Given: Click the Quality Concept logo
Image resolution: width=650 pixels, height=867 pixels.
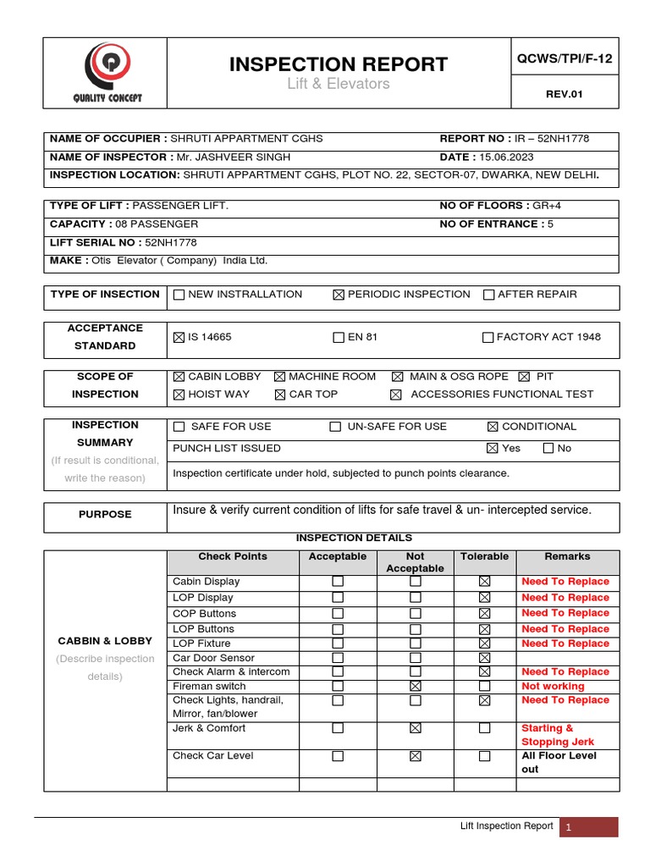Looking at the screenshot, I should pos(106,73).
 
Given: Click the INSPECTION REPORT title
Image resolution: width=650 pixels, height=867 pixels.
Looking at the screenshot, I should pos(339,64).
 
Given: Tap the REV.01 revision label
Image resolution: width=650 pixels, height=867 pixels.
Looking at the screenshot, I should pos(565,94).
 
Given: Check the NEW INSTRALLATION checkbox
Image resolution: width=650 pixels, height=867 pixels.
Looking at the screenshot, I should pos(179,295).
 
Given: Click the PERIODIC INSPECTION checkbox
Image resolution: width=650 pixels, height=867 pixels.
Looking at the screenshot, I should pos(339,295).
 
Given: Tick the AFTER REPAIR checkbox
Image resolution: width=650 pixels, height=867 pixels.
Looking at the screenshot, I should pos(488,295).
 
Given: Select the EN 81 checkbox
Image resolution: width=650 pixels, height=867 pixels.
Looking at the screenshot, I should pos(339,337).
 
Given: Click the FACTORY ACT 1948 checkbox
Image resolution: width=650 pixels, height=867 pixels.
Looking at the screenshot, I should pos(487,337).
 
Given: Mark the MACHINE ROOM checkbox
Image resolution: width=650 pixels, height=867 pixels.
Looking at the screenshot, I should pos(280,377).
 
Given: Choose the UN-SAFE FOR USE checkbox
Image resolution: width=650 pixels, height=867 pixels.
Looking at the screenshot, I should pos(335,427).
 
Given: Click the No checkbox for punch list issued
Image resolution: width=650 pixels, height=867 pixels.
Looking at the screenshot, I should pos(548,448).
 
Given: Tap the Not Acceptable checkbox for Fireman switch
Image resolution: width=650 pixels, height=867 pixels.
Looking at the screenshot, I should pos(415,686).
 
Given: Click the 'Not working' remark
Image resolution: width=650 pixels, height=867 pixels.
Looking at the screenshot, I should pos(553,686).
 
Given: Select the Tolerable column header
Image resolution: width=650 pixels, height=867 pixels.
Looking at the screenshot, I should pos(484,556).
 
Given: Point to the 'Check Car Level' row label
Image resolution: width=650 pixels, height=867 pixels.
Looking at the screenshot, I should pos(212,755).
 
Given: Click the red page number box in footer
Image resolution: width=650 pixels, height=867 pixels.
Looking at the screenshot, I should pos(588,827).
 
